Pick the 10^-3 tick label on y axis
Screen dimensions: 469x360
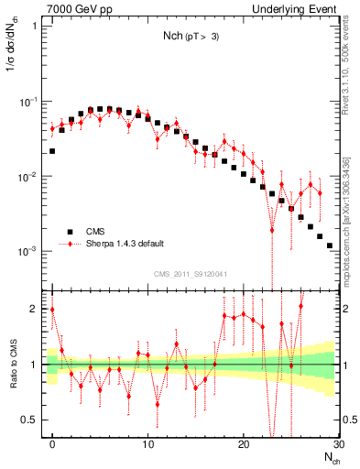(31, 251)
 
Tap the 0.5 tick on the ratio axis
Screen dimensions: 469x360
(32, 420)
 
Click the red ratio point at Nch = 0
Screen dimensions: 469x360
(52, 310)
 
